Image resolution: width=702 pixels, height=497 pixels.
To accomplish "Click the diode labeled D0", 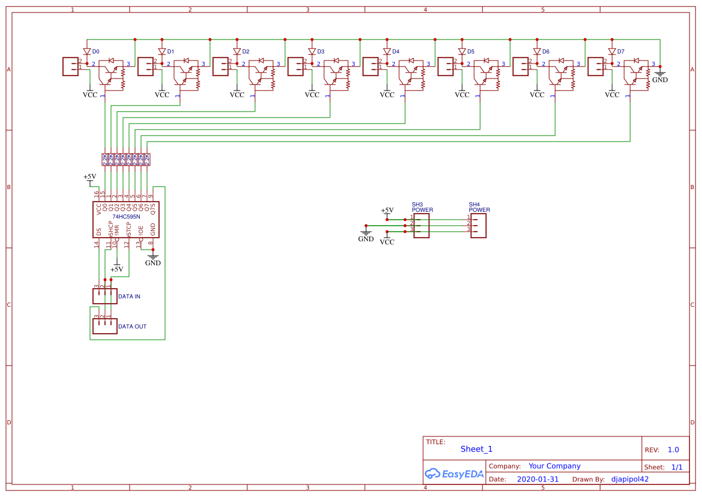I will coord(87,52).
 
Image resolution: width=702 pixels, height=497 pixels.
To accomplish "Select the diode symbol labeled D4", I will coord(387,52).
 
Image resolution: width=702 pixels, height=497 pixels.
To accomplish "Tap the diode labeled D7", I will coord(612,52).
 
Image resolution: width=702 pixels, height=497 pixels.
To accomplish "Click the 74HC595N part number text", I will coord(126,217).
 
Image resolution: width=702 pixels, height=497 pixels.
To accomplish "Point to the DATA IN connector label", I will coord(129,297).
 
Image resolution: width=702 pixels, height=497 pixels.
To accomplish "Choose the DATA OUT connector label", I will coord(132,327).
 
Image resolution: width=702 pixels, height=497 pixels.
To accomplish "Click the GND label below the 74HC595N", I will coord(153,263).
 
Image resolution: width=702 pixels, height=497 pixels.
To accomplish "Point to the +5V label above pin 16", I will coord(89,176).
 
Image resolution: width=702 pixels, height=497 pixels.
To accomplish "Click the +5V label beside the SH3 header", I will coord(387,210).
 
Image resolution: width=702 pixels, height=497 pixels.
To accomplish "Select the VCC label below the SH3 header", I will coord(387,242).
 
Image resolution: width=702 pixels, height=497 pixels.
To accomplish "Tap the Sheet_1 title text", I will coord(476,449).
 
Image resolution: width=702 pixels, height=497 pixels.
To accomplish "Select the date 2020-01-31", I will coord(538,479).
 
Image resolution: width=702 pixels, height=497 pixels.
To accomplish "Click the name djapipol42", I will coord(629,479).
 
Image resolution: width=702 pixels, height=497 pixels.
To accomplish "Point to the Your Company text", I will coord(554,466).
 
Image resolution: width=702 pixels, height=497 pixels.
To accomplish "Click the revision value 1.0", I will coord(673,450).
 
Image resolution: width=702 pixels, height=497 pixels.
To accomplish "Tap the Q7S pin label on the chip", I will coord(153,208).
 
